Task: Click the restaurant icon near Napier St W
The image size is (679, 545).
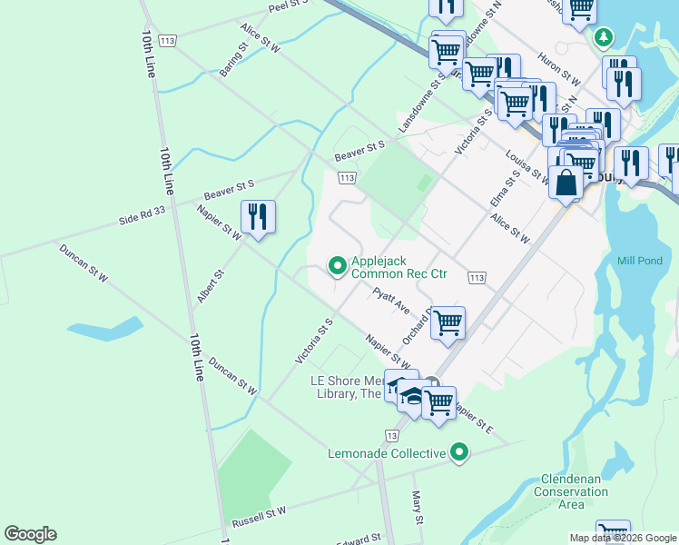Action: click(x=259, y=217)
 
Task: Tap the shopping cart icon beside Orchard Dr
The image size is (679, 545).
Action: click(x=448, y=322)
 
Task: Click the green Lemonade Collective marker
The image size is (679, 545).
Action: click(x=459, y=452)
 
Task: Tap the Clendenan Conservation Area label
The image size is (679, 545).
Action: click(x=571, y=491)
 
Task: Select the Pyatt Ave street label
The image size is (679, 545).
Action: click(x=392, y=300)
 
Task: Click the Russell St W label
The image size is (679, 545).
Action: click(x=259, y=518)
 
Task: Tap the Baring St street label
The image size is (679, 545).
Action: click(x=232, y=59)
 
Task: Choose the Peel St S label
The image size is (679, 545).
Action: click(x=289, y=7)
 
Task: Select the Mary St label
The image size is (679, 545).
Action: click(x=418, y=506)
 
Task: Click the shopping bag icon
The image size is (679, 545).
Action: click(x=566, y=181)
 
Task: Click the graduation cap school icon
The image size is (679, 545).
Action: click(x=411, y=398)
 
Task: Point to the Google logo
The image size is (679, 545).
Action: click(x=30, y=534)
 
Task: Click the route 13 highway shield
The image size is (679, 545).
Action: click(x=391, y=436)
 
